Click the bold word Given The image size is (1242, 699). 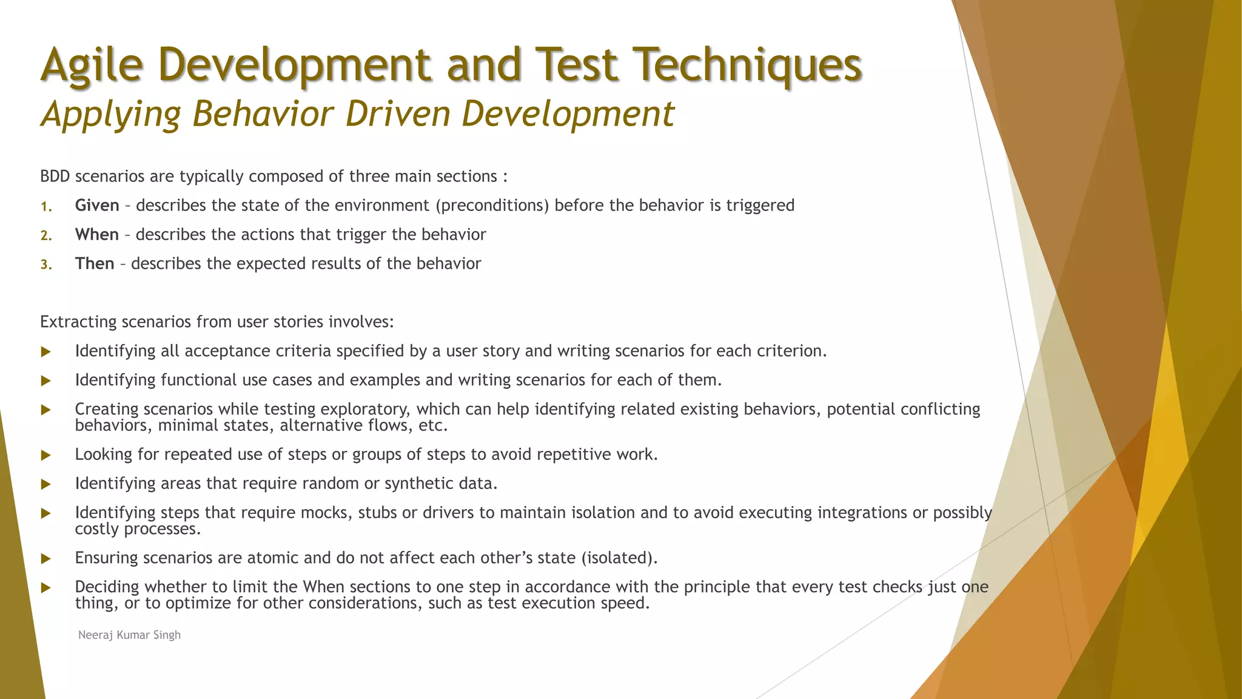(x=97, y=206)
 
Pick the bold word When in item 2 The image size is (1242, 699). (x=97, y=235)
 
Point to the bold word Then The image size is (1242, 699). (x=95, y=264)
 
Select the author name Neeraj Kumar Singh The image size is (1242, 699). (x=129, y=635)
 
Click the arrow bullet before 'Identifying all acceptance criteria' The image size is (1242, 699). (x=45, y=352)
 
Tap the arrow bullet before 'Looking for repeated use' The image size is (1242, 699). (x=45, y=455)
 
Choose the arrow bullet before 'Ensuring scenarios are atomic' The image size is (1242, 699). (x=45, y=559)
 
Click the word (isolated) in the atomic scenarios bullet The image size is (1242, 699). (x=619, y=558)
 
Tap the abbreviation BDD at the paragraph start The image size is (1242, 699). (x=55, y=177)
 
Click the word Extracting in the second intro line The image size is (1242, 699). (x=78, y=322)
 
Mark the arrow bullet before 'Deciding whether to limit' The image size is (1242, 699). (x=45, y=588)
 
